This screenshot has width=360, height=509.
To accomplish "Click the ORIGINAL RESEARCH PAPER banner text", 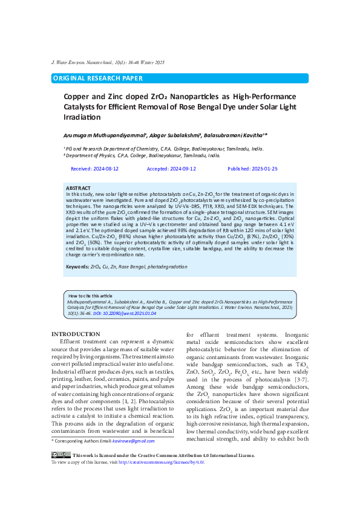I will (x=98, y=79).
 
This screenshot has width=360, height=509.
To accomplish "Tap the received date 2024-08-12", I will (x=94, y=169).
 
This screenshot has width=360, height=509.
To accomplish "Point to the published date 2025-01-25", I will (x=252, y=169).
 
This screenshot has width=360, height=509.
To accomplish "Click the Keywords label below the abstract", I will (x=77, y=267).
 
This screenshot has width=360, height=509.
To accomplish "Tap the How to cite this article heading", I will (x=90, y=296).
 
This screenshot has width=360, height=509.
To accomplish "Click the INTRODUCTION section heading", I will (x=76, y=334).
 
